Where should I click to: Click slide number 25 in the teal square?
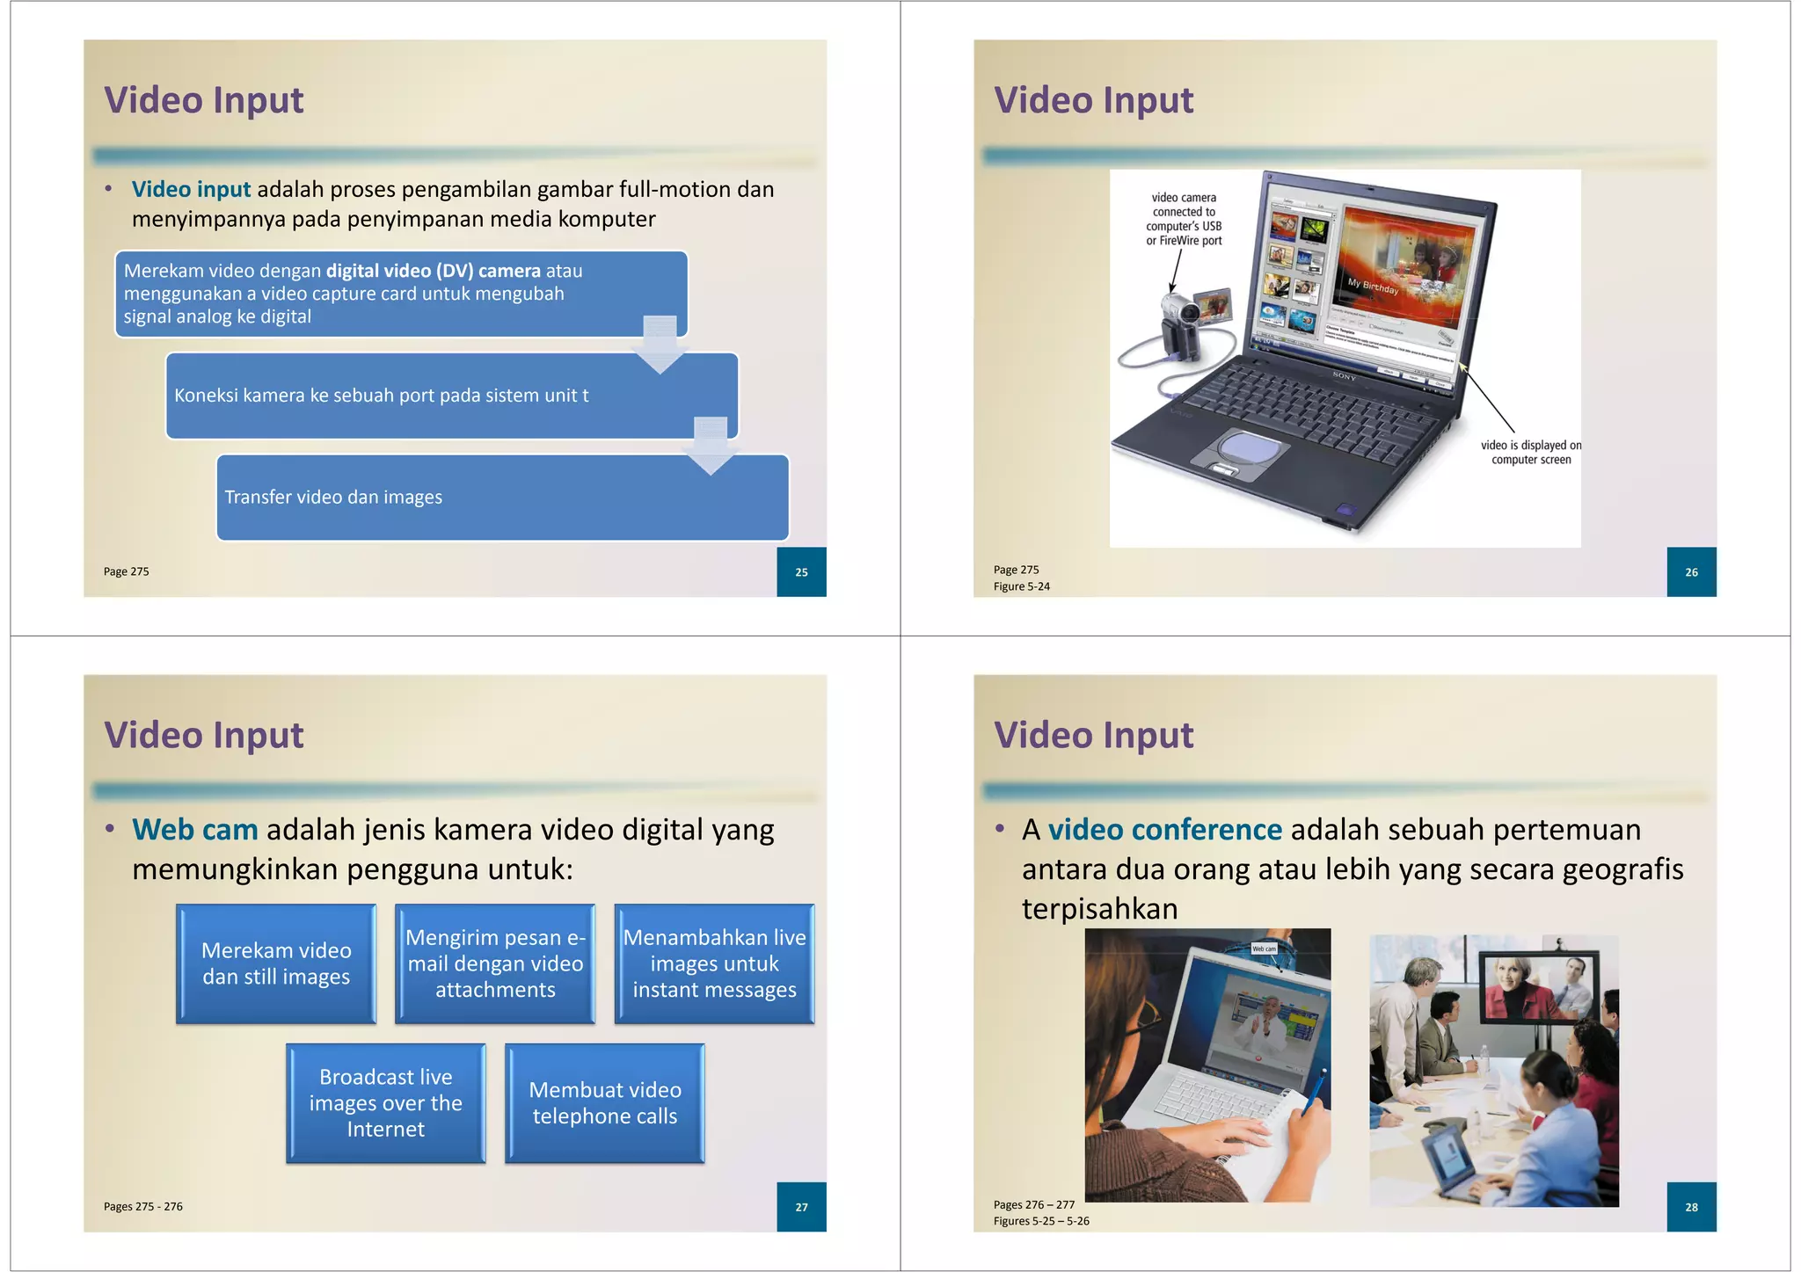[x=801, y=572]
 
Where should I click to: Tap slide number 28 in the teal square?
[x=1691, y=1207]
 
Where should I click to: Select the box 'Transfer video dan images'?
[x=502, y=498]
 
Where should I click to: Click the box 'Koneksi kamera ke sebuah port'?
[x=451, y=396]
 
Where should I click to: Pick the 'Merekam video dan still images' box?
[x=276, y=963]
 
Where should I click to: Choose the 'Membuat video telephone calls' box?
[x=605, y=1103]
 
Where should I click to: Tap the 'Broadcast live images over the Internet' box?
[x=385, y=1103]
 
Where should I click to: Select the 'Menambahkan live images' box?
[x=714, y=963]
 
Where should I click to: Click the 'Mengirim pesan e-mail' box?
[x=495, y=963]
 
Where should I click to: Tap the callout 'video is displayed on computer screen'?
[x=1530, y=453]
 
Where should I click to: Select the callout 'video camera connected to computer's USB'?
[x=1184, y=219]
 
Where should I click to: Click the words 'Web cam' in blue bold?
[x=195, y=830]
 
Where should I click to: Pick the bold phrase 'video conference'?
[x=1164, y=830]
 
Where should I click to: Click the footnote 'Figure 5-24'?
[x=1021, y=586]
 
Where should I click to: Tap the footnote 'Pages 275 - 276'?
[x=143, y=1207]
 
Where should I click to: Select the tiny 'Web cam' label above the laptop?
[x=1264, y=949]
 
